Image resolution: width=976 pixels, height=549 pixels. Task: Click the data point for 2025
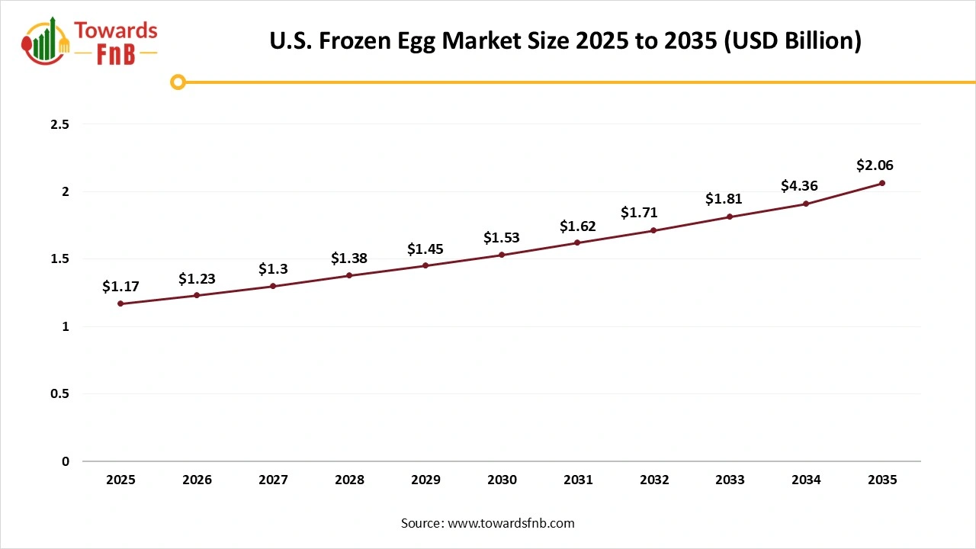(120, 303)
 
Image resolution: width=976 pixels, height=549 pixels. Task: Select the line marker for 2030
(502, 255)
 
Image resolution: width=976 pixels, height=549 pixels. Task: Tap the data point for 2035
(882, 183)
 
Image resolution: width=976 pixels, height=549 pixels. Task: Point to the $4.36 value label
(799, 185)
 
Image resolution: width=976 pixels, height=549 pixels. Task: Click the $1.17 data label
(120, 287)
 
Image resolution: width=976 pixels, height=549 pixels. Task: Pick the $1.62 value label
(577, 226)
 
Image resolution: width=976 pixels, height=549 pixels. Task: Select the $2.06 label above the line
(875, 165)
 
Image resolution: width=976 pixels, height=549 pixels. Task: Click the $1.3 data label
(273, 268)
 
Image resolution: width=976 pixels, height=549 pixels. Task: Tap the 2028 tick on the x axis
(349, 480)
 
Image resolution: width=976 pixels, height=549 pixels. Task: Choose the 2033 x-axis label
(730, 480)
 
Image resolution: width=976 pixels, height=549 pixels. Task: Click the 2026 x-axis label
(197, 480)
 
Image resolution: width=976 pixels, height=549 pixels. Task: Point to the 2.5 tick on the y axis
(59, 124)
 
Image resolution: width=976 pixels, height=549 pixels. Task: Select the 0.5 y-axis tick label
(59, 394)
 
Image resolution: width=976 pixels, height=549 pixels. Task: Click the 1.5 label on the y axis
(59, 259)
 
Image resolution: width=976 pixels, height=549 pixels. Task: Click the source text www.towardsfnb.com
(511, 523)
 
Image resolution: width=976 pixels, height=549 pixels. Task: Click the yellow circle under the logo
(178, 82)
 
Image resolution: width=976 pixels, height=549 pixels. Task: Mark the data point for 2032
(653, 230)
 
